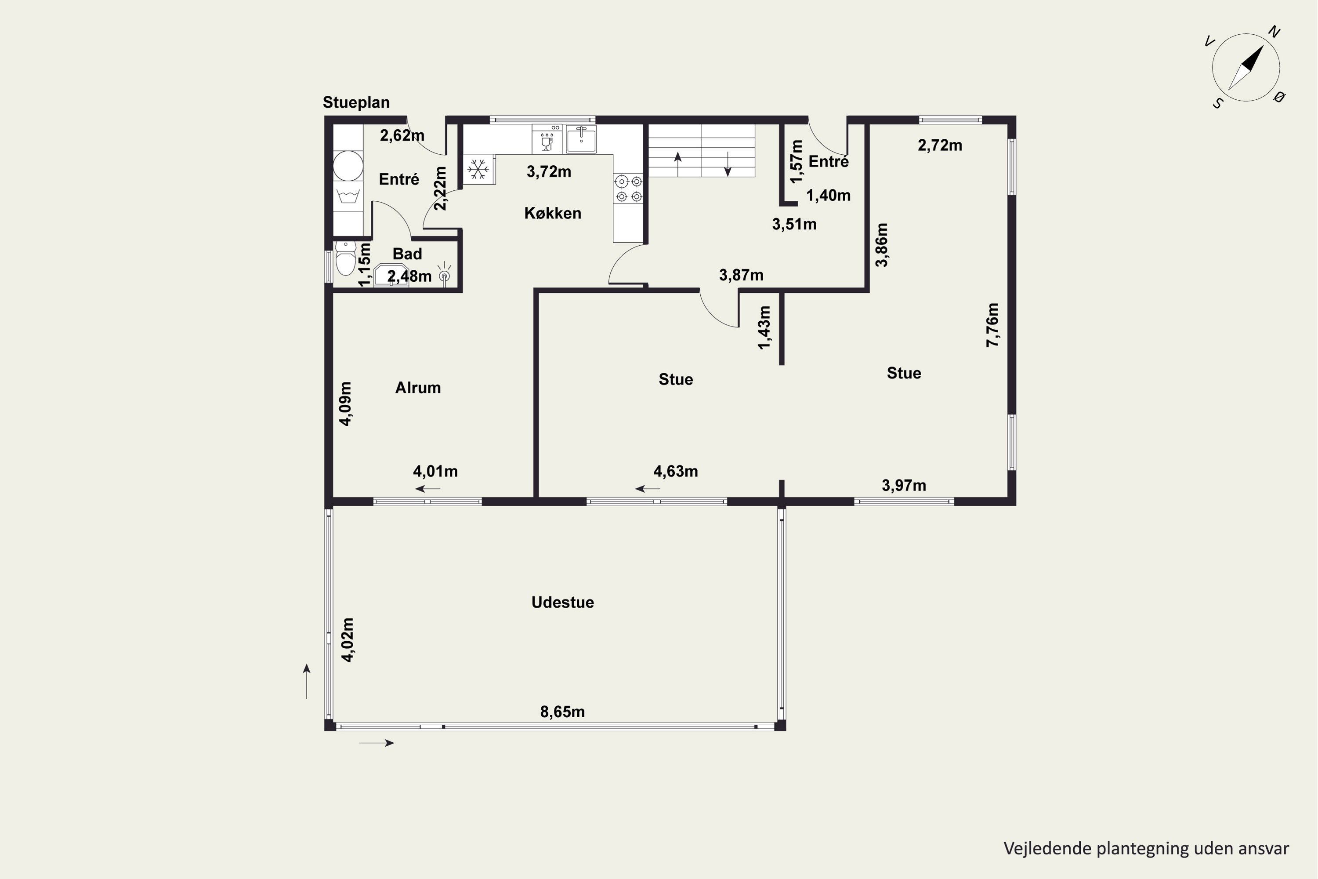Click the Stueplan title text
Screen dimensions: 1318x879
tap(356, 102)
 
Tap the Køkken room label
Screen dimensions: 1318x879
tap(553, 213)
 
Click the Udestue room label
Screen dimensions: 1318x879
tap(563, 602)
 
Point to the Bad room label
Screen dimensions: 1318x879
tap(407, 254)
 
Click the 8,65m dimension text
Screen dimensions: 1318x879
tap(563, 712)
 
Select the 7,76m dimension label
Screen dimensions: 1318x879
tap(992, 325)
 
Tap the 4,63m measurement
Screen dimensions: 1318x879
tap(676, 472)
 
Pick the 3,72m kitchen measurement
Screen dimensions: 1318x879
tap(549, 171)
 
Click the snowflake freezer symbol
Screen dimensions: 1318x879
tap(478, 169)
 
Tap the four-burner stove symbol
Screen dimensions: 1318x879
tap(629, 189)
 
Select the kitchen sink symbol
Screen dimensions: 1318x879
tap(581, 138)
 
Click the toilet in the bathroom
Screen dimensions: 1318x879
tap(346, 258)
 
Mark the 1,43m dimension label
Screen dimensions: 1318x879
tap(764, 327)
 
